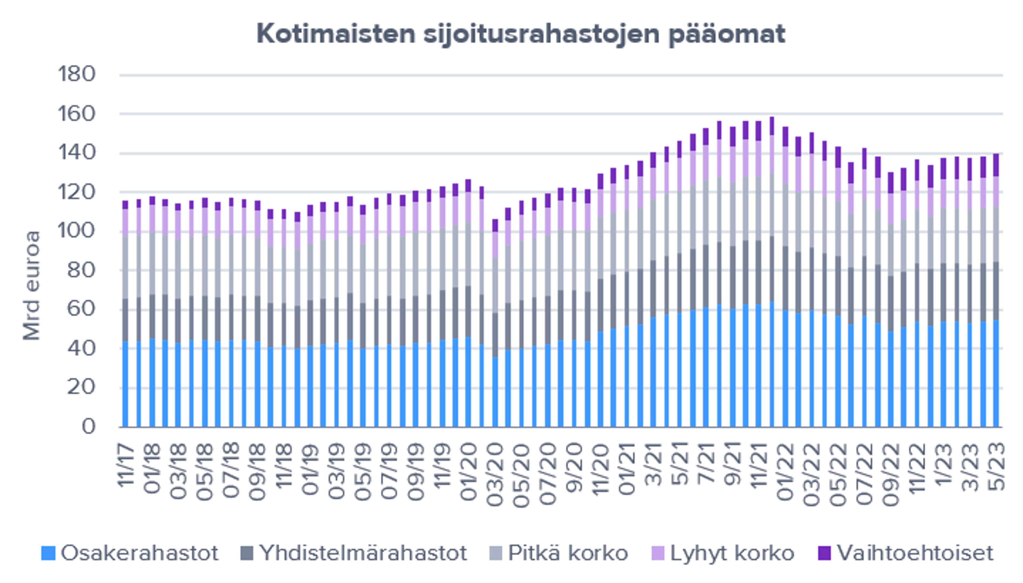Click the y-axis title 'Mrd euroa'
[31, 285]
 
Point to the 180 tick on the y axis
[76, 75]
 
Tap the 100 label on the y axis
[76, 231]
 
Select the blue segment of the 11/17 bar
[125, 385]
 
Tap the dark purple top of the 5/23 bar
[996, 165]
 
